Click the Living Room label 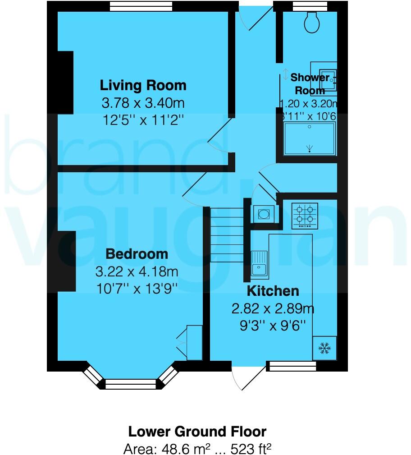click(x=143, y=85)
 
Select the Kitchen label click(x=273, y=290)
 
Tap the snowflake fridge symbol click(x=324, y=347)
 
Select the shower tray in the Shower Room click(x=310, y=138)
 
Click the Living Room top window click(x=141, y=6)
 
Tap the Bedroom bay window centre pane click(x=130, y=384)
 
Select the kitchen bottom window click(x=291, y=366)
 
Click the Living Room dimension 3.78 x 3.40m click(x=143, y=104)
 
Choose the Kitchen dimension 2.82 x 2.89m click(x=273, y=309)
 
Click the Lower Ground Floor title click(x=197, y=431)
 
